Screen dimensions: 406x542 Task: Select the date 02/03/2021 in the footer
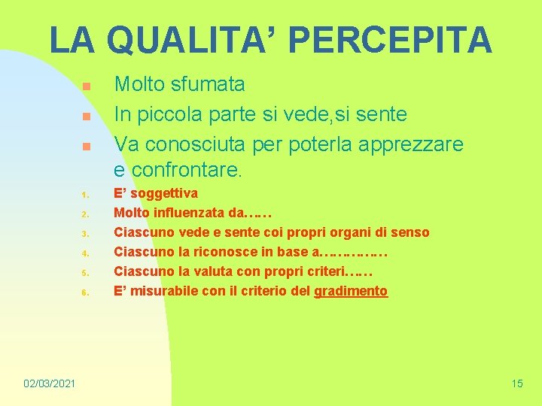pyautogui.click(x=49, y=384)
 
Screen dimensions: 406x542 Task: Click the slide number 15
pyautogui.click(x=516, y=384)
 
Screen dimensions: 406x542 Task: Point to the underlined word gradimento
pyautogui.click(x=351, y=291)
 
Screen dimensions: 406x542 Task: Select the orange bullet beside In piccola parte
pyautogui.click(x=87, y=117)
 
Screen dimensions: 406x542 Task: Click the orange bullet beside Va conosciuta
pyautogui.click(x=87, y=146)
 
